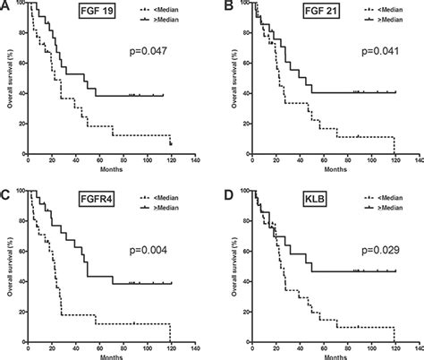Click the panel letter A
pos(5,6)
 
